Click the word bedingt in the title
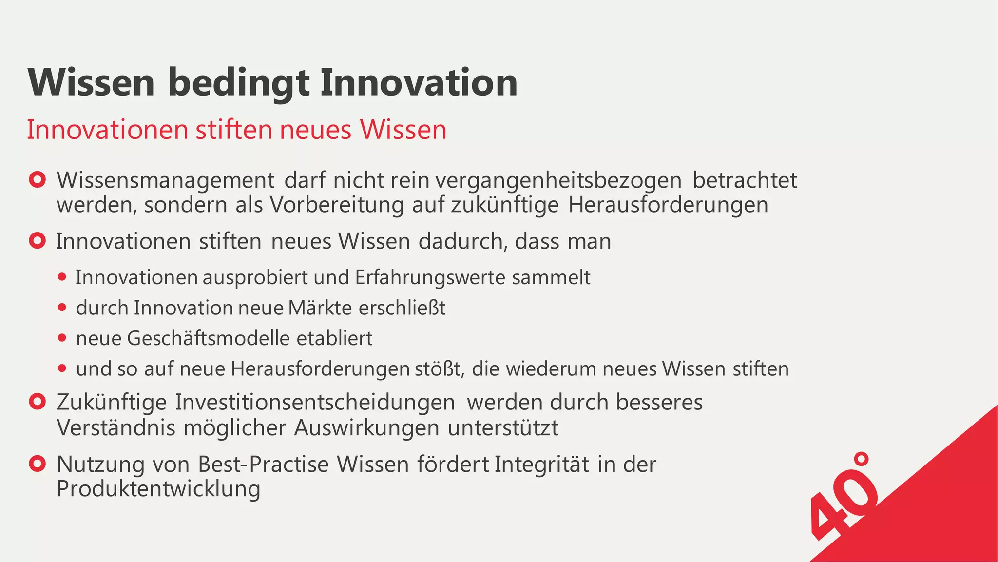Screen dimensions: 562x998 pos(238,83)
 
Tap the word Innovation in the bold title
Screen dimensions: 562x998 pos(419,83)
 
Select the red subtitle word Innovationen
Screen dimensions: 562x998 pos(108,130)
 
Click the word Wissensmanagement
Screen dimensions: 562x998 pos(166,180)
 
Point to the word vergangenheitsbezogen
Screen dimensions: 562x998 pos(558,180)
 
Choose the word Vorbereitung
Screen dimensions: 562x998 pos(337,205)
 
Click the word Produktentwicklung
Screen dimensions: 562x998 pos(158,489)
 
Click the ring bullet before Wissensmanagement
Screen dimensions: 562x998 pos(38,180)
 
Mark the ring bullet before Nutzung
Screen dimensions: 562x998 pos(38,464)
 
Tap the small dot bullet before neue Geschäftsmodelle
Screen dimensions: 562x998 pos(62,338)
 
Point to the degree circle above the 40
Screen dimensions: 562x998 pos(862,459)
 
